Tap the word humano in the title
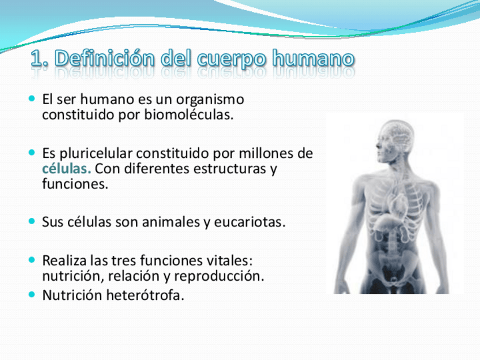pyautogui.click(x=314, y=58)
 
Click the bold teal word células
pyautogui.click(x=66, y=169)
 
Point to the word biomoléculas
pyautogui.click(x=189, y=115)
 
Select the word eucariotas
pyautogui.click(x=250, y=222)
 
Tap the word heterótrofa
pyautogui.click(x=145, y=295)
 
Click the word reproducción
pyautogui.click(x=219, y=276)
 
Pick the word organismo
pyautogui.click(x=210, y=100)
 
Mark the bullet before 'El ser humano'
pyautogui.click(x=32, y=98)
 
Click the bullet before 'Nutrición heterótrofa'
pyautogui.click(x=32, y=294)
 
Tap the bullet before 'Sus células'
pyautogui.click(x=32, y=221)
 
